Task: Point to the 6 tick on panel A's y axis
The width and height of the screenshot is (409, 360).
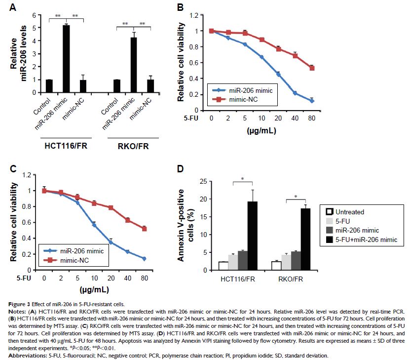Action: point(35,15)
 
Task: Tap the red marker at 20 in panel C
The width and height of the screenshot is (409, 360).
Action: point(111,208)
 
